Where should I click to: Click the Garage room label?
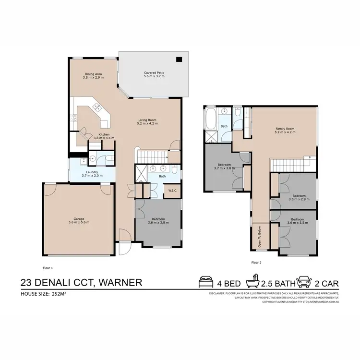(x=79, y=221)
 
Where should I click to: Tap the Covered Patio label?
(x=154, y=75)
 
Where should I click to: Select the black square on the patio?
(x=179, y=60)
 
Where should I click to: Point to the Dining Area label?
(x=92, y=75)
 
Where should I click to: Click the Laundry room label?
(x=92, y=174)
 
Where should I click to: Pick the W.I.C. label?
(x=172, y=191)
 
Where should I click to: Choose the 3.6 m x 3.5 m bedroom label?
(x=298, y=222)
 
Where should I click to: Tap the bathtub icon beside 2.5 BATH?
(x=252, y=282)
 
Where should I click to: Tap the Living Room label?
(x=147, y=121)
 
